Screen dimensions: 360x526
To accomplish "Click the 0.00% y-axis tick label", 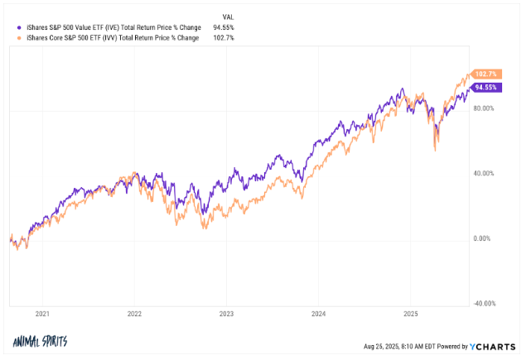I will tap(484, 238).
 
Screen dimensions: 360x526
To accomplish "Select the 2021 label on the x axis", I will tap(42, 315).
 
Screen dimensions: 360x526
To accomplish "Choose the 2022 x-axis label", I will tap(134, 315).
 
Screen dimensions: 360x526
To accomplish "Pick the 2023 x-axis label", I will tap(226, 315).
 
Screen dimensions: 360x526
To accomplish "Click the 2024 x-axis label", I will tap(319, 315).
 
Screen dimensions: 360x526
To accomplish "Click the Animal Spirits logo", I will tap(40, 342).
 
